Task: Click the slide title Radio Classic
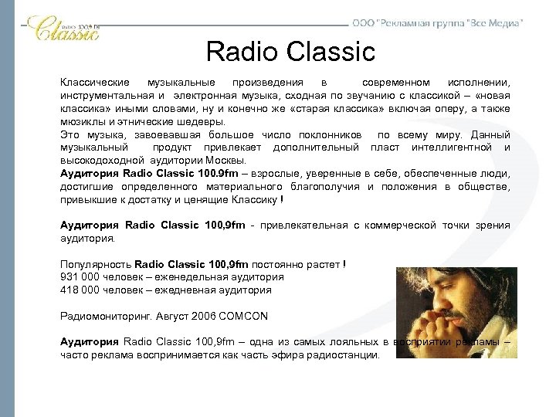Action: [290, 53]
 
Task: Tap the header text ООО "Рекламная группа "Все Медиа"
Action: [437, 23]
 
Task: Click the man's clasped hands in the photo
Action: [471, 332]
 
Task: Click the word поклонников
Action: [328, 134]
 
